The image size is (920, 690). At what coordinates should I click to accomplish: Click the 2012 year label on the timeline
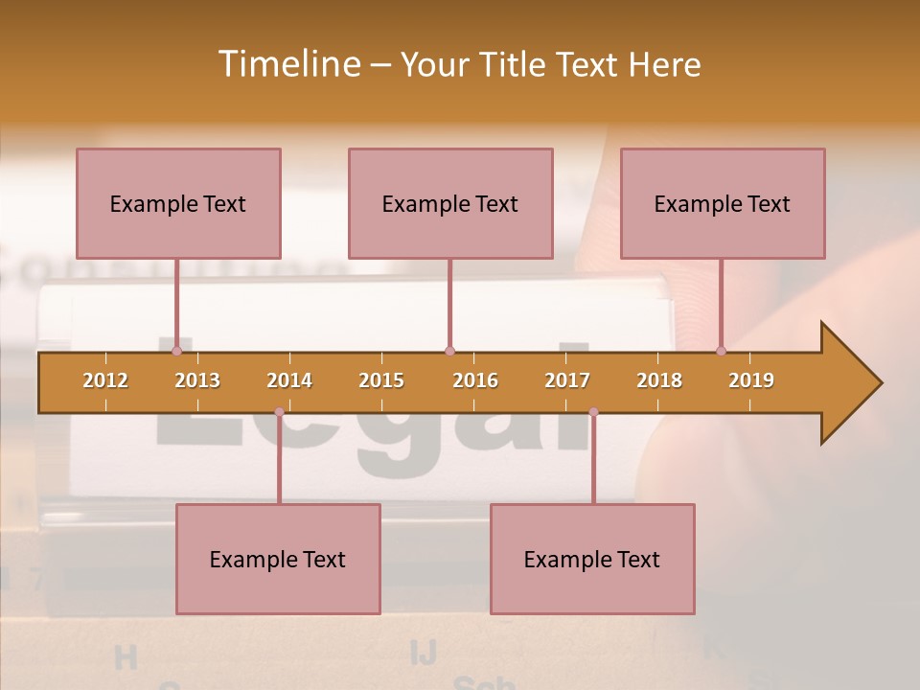point(105,380)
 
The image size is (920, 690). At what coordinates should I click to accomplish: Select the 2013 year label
point(197,380)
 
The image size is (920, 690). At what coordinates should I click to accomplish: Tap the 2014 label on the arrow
point(289,380)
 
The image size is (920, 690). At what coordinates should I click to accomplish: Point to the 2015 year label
point(381,380)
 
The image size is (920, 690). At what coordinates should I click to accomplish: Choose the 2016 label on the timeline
point(475,380)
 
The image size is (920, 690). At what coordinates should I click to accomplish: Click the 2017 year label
point(567,380)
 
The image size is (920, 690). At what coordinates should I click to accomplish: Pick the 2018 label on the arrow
point(659,380)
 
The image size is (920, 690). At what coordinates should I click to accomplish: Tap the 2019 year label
point(751,380)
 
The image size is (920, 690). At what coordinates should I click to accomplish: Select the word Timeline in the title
point(287,64)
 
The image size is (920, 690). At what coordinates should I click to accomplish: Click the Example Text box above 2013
point(178,203)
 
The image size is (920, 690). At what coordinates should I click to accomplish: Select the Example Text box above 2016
point(450,203)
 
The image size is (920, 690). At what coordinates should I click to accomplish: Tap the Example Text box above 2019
point(723,203)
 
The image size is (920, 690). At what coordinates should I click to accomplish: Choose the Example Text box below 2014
point(278,559)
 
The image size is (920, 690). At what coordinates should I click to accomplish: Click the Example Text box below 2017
point(592,559)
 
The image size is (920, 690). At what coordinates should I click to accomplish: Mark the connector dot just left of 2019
point(721,351)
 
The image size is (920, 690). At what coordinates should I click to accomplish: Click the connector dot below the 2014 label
point(279,412)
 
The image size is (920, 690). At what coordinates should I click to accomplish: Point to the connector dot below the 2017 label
point(593,412)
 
